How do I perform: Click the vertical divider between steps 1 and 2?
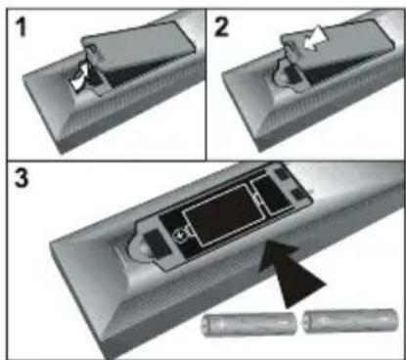pos(205,78)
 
